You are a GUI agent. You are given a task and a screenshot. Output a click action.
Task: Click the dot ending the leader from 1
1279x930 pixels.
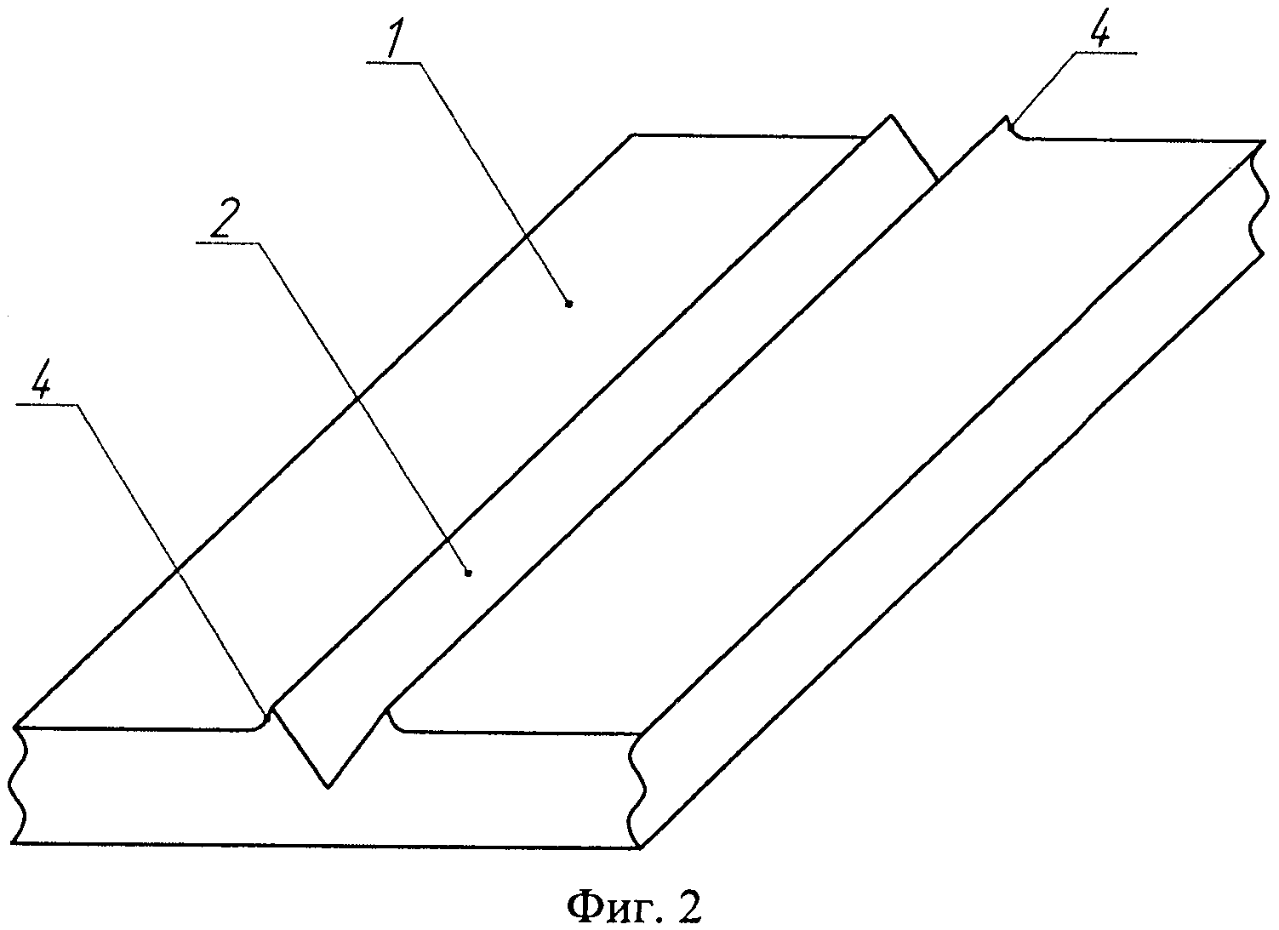[568, 302]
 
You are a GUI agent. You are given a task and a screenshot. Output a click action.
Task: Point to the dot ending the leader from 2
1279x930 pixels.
[469, 573]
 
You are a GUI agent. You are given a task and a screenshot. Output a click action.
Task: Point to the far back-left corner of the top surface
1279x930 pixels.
[631, 134]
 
